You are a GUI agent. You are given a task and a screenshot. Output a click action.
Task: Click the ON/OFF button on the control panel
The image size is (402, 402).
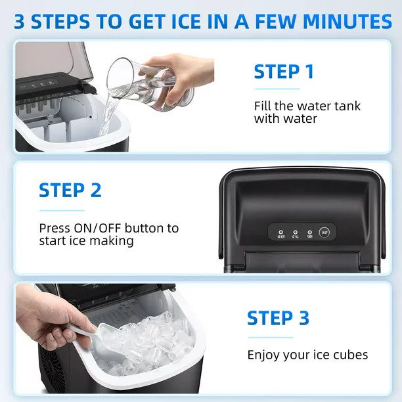324,231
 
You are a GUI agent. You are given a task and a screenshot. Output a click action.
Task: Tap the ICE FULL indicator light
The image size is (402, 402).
295,231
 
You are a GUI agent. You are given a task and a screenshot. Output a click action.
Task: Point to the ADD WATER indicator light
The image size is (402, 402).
280,231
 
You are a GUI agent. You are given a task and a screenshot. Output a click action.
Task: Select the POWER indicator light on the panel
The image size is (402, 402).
309,231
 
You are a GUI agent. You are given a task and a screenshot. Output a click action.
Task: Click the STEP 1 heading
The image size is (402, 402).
284,72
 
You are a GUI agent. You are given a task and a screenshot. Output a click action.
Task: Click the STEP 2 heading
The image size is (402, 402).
70,190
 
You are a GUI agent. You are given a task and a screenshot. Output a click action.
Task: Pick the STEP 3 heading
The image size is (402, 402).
278,318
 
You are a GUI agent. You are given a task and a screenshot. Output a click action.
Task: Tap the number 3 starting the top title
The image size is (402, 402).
20,21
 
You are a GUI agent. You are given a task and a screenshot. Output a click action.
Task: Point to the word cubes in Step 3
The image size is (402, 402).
350,355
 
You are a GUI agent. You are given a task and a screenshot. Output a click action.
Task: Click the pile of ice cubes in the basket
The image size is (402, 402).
148,342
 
